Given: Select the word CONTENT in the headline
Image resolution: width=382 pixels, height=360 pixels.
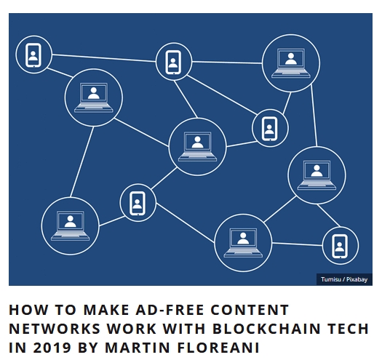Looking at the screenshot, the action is coord(250,310).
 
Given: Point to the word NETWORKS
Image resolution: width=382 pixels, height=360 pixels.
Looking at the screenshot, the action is coord(55,329).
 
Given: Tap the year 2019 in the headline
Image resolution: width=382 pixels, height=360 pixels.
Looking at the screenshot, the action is coord(52,348).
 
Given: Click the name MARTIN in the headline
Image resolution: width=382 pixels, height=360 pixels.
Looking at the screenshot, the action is coord(138,348).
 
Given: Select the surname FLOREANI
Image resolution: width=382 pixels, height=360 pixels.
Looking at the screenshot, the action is coord(218,348).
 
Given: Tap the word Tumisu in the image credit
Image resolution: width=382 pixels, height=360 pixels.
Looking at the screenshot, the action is coord(330,279).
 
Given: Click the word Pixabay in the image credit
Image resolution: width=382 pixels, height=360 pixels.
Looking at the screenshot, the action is coord(357,279).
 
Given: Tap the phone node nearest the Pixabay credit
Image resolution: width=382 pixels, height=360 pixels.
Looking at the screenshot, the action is coord(340,246).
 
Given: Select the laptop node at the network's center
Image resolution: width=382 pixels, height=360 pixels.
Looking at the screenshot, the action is coord(198,147).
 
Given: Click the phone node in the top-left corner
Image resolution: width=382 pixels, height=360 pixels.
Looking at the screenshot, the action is coord(33,55).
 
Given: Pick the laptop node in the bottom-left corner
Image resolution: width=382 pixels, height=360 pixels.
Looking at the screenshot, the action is coord(70,226).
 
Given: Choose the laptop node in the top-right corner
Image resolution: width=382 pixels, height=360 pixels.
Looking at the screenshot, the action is coord(291,63).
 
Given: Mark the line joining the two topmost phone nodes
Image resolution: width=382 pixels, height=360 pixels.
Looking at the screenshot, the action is coord(104,58).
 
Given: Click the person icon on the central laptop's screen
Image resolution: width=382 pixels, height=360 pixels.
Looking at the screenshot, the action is coord(197,143).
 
